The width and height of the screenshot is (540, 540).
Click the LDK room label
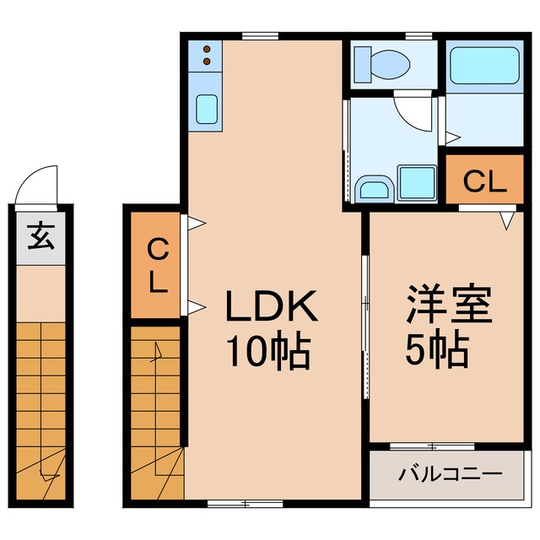pos(270,307)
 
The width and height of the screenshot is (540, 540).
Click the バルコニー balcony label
pos(446,475)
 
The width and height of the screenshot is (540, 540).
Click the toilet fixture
pos(381,62)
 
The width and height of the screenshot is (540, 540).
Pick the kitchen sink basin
pos(207,108)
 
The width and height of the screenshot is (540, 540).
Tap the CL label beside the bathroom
pos(485,181)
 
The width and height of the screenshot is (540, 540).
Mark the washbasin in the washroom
pos(372,186)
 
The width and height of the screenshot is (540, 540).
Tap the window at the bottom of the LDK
pos(233,503)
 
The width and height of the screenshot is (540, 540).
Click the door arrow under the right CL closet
pos(506,219)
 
